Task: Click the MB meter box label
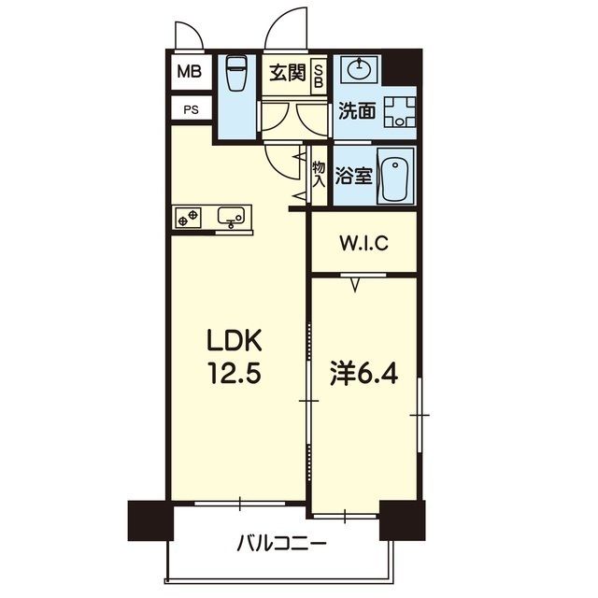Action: (190, 71)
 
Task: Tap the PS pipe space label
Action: (190, 109)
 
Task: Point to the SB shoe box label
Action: (319, 74)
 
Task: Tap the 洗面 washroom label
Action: (356, 111)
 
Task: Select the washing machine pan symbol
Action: (400, 111)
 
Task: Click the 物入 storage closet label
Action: (319, 175)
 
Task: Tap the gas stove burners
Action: (187, 217)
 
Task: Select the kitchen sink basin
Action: (231, 216)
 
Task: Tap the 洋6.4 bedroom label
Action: (363, 375)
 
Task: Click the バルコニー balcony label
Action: (280, 542)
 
